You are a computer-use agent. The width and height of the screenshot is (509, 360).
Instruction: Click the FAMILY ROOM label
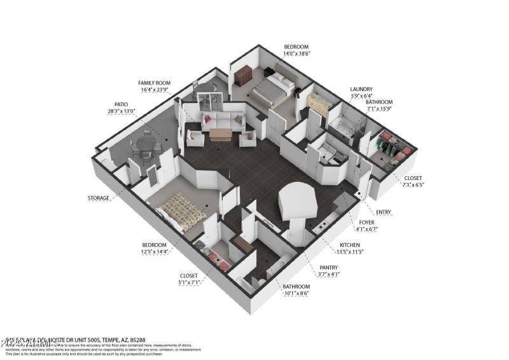[155, 83]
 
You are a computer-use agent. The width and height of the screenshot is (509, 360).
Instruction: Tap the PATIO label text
[121, 104]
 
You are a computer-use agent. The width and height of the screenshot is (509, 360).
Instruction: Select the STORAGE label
[99, 198]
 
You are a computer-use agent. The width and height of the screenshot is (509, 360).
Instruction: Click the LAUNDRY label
[361, 90]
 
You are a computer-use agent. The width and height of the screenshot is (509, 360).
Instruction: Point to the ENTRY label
[384, 212]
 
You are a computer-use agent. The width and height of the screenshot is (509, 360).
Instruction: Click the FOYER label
[366, 223]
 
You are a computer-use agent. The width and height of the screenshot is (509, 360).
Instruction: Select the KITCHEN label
[349, 245]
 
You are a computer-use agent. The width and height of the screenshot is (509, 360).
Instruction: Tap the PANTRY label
[329, 268]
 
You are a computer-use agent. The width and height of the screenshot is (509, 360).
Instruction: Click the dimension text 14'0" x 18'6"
[296, 55]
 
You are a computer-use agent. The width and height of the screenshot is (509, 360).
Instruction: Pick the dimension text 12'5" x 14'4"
[154, 253]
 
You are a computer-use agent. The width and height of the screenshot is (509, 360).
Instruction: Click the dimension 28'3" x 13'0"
[121, 111]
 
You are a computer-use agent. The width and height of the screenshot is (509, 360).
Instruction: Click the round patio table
[146, 145]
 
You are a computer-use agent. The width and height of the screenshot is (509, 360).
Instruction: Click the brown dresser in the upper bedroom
[243, 75]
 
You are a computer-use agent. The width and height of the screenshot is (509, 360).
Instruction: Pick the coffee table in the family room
[221, 134]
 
